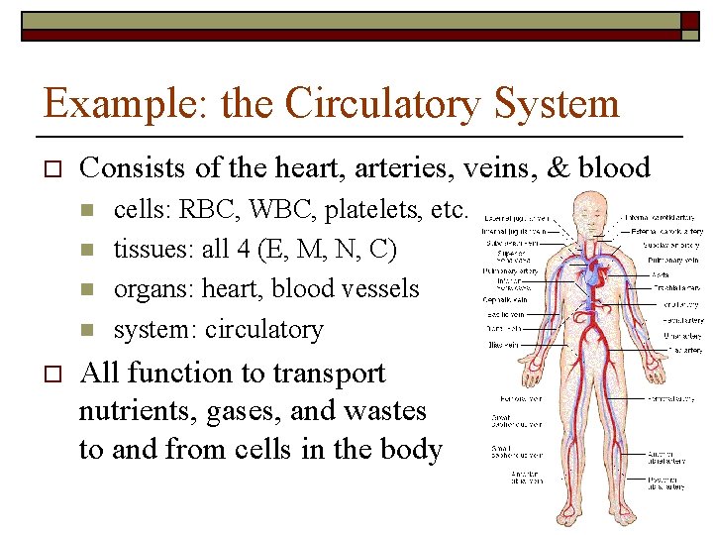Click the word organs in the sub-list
(x=153, y=289)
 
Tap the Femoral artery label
(x=670, y=398)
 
